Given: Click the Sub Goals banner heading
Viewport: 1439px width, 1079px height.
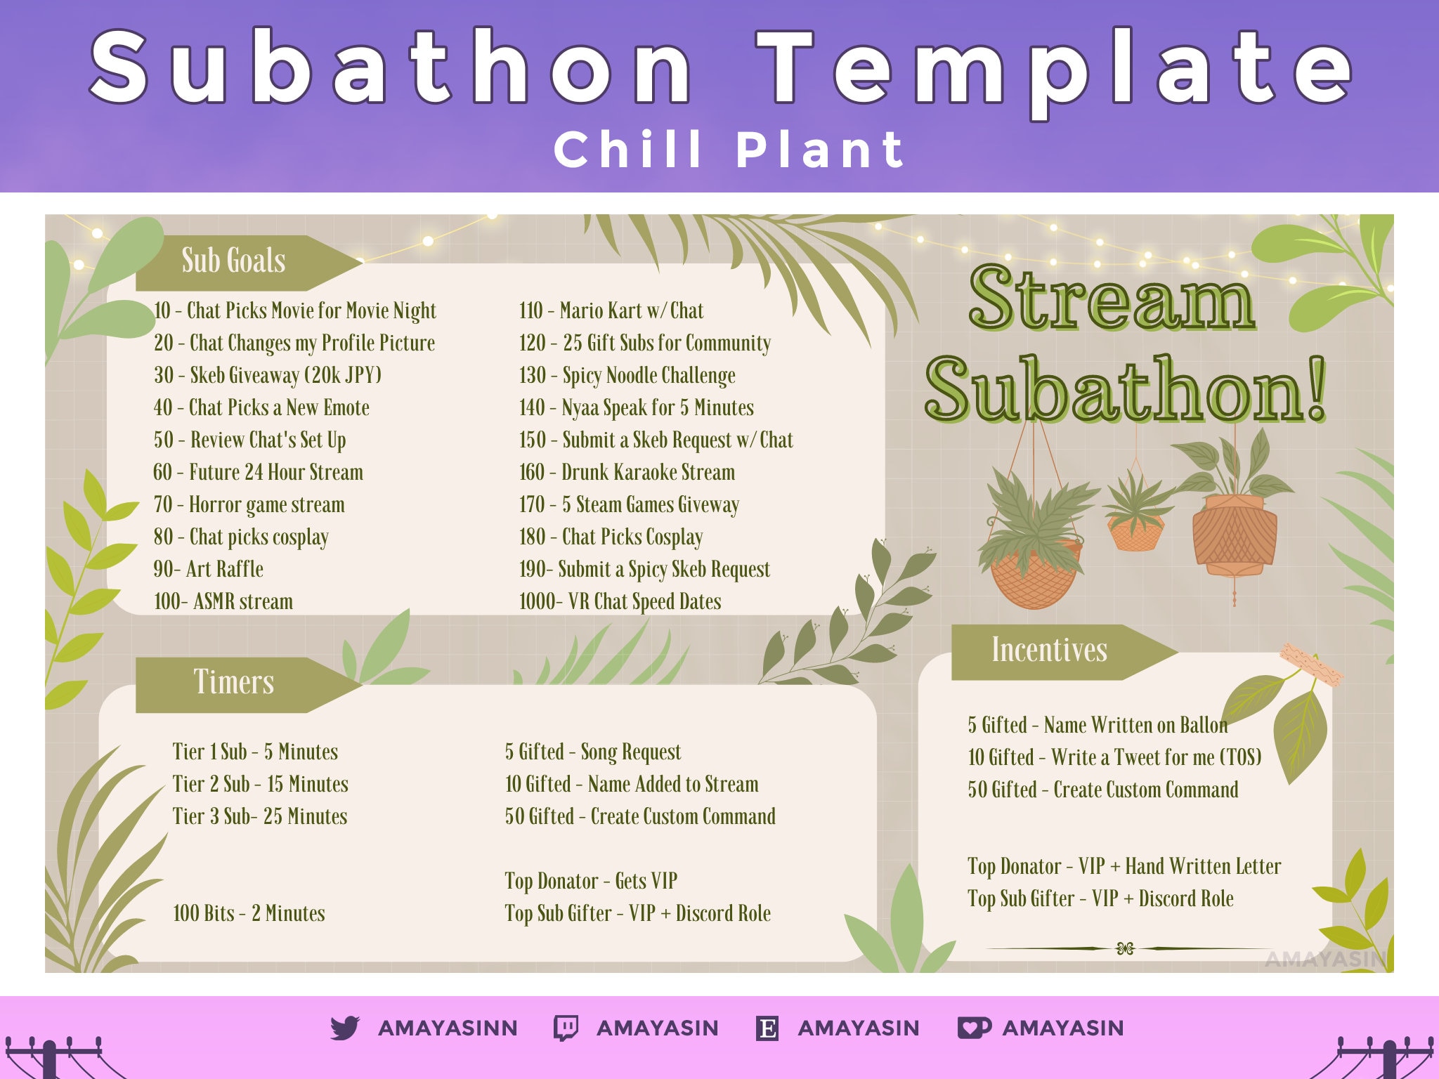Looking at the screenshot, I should pyautogui.click(x=234, y=261).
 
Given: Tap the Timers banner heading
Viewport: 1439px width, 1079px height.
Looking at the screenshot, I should pyautogui.click(x=234, y=682).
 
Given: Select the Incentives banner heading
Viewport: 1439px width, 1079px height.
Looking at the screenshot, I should pyautogui.click(x=1049, y=650).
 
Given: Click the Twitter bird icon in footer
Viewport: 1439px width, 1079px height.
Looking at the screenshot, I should pyautogui.click(x=345, y=1028).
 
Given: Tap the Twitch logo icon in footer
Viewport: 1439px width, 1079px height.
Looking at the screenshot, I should pyautogui.click(x=566, y=1028).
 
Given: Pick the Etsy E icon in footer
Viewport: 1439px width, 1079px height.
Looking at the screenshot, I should pyautogui.click(x=767, y=1028).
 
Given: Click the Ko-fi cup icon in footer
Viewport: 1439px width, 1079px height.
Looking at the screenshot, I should pyautogui.click(x=974, y=1028).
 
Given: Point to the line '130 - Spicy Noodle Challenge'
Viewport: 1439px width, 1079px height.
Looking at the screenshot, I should pyautogui.click(x=627, y=375).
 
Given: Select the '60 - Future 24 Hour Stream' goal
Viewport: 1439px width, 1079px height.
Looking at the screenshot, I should pyautogui.click(x=258, y=472).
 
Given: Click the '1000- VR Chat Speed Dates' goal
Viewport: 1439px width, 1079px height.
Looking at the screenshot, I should pyautogui.click(x=620, y=601).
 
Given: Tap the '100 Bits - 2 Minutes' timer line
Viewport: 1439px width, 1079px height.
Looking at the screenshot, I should pyautogui.click(x=249, y=913).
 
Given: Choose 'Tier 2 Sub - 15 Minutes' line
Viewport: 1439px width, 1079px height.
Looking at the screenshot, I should pyautogui.click(x=260, y=784).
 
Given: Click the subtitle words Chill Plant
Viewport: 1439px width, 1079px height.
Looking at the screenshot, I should pyautogui.click(x=729, y=150).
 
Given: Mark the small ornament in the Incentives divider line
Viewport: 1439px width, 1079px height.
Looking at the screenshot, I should pyautogui.click(x=1125, y=949).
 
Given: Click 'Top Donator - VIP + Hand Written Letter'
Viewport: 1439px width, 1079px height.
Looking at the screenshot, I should pyautogui.click(x=1124, y=867).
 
